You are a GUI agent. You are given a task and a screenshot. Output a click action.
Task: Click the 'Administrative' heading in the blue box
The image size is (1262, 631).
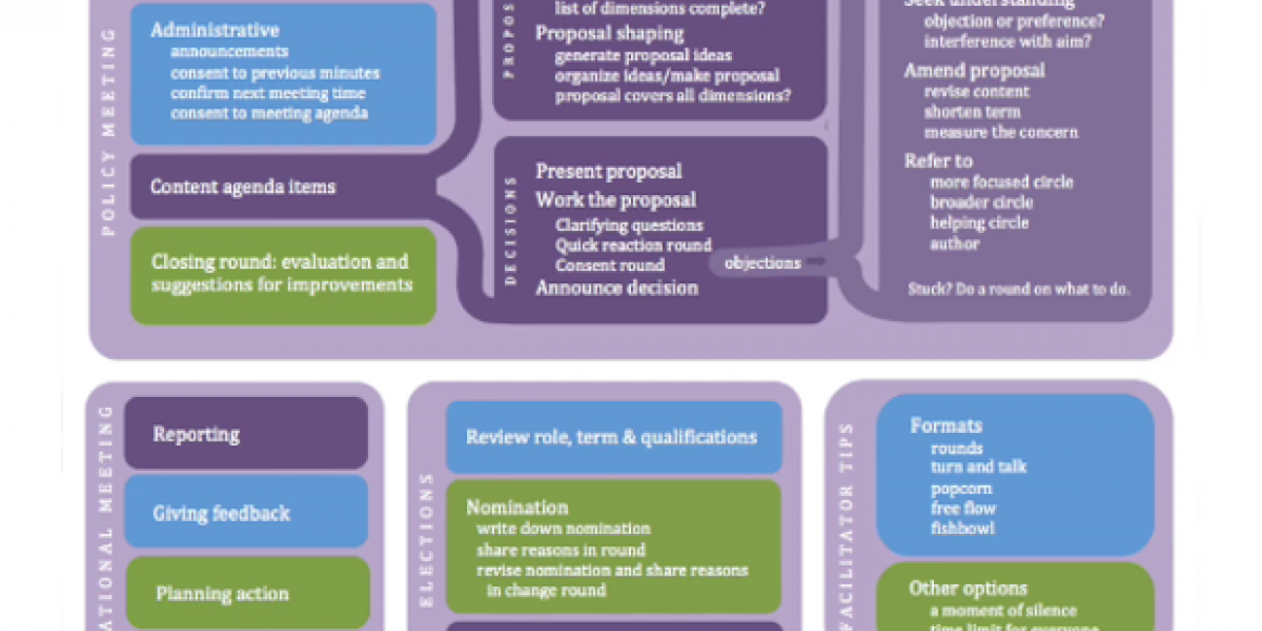point(215,31)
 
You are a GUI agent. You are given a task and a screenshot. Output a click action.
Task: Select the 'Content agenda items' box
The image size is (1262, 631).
point(243,186)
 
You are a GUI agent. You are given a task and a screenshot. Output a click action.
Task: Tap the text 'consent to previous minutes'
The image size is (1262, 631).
point(275,73)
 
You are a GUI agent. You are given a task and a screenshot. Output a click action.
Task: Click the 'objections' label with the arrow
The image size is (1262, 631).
point(763,263)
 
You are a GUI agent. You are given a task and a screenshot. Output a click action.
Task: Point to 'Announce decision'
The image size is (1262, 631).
point(616,287)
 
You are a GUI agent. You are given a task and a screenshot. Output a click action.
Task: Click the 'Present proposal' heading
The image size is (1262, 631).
point(609,172)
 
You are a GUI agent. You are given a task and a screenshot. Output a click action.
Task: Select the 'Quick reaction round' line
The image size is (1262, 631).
point(633,246)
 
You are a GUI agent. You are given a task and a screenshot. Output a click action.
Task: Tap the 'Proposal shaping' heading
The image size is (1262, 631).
point(610,33)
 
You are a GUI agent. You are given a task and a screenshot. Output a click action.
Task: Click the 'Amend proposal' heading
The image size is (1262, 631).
point(975,70)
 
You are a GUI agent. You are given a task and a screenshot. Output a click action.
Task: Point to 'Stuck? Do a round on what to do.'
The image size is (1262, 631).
point(1018,289)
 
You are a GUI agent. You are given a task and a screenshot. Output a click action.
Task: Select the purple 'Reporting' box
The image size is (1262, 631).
point(247,434)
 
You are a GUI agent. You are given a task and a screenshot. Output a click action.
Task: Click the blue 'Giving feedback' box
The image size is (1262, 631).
point(247,513)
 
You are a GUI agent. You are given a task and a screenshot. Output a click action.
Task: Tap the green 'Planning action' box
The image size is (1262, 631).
point(248,593)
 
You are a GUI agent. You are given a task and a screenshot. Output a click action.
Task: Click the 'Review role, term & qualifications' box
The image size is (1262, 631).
point(613,437)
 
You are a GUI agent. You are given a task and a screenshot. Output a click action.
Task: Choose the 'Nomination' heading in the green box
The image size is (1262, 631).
point(517,507)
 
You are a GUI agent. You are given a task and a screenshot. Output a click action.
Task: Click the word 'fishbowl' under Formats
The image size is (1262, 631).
point(962,529)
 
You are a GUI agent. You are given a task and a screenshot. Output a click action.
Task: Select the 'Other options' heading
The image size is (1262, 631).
point(968,588)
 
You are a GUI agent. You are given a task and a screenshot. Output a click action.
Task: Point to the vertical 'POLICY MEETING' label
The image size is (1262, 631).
point(109,131)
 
